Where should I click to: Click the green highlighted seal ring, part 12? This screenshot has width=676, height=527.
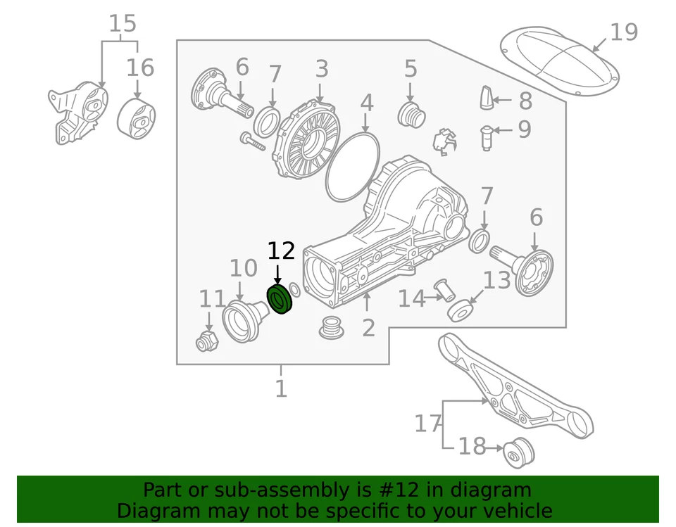pyautogui.click(x=280, y=300)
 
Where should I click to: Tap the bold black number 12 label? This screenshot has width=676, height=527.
pyautogui.click(x=281, y=251)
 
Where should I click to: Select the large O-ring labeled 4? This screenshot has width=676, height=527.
pyautogui.click(x=353, y=164)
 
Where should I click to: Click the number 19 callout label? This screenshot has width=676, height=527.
pyautogui.click(x=623, y=32)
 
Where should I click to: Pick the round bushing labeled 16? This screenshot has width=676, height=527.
pyautogui.click(x=137, y=120)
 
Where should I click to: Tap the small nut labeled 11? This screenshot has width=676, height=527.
pyautogui.click(x=207, y=341)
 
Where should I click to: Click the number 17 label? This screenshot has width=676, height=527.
pyautogui.click(x=427, y=424)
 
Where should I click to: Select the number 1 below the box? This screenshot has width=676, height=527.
pyautogui.click(x=281, y=388)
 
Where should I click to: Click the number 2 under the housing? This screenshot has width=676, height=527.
pyautogui.click(x=368, y=327)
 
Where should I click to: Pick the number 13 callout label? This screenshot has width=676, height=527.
pyautogui.click(x=496, y=280)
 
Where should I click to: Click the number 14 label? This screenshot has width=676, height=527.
pyautogui.click(x=411, y=299)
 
